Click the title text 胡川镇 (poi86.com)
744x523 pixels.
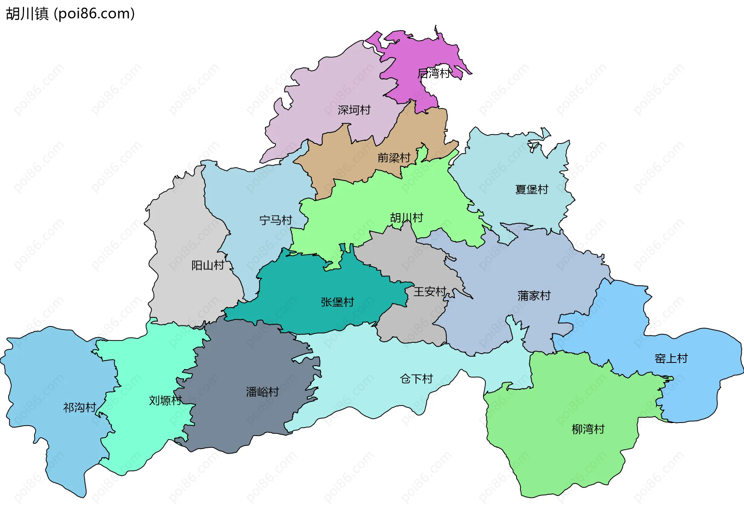pos(70,14)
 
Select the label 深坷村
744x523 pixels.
pos(354,110)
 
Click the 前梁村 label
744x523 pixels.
pos(394,158)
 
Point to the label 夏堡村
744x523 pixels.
pos(532,189)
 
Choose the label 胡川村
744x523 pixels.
pos(406,218)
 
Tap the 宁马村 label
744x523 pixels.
pos(276,220)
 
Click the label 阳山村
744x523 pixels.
pos(208,265)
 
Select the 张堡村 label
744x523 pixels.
pos(337,302)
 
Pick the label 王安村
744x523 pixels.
pos(430,292)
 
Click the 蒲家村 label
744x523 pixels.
pos(534,296)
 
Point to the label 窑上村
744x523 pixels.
pos(671,358)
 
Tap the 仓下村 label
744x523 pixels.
pos(416,379)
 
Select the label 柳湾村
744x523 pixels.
pos(588,429)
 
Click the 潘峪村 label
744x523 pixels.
pos(262,392)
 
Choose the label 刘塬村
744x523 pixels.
pos(165,400)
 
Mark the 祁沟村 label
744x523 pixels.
pos(79,407)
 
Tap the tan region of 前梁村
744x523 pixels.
pos(349,159)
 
